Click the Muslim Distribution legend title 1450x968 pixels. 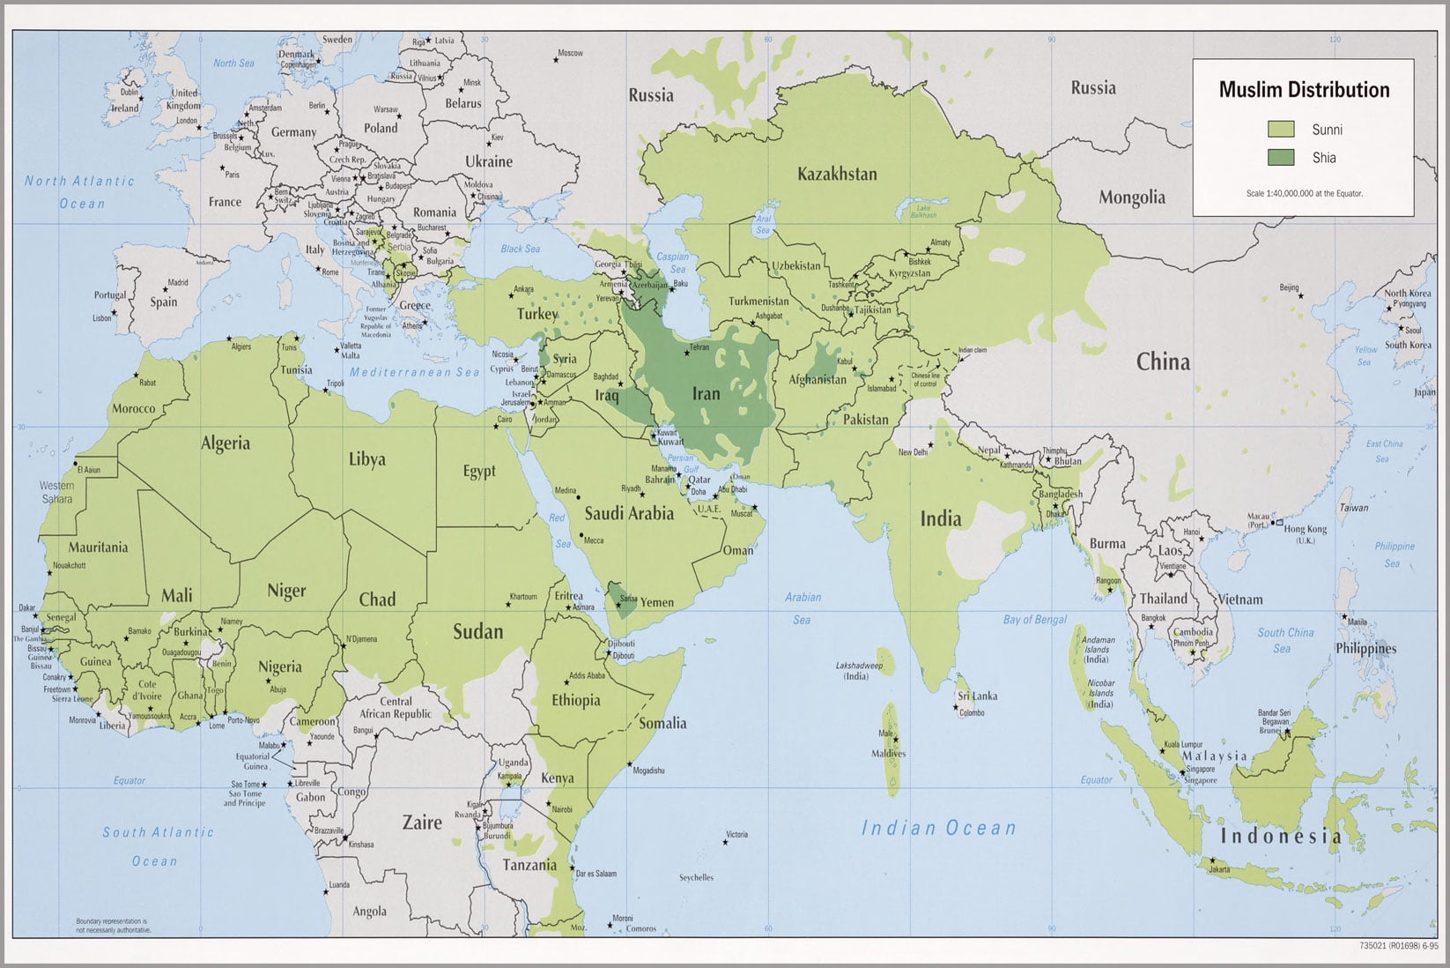pyautogui.click(x=1304, y=90)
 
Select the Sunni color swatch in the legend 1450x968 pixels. pyautogui.click(x=1281, y=130)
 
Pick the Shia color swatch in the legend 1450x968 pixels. pyautogui.click(x=1281, y=158)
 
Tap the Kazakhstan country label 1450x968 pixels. pyautogui.click(x=837, y=174)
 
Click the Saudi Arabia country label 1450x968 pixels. pyautogui.click(x=629, y=513)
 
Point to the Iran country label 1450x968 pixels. pyautogui.click(x=706, y=394)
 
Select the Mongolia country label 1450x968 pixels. pyautogui.click(x=1131, y=197)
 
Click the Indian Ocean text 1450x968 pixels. pyautogui.click(x=938, y=828)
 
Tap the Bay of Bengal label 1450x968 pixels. pyautogui.click(x=1034, y=620)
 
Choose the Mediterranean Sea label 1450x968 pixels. pyautogui.click(x=414, y=373)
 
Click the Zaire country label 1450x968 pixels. pyautogui.click(x=422, y=823)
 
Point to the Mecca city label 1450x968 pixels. pyautogui.click(x=593, y=540)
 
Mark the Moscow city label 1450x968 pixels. pyautogui.click(x=570, y=53)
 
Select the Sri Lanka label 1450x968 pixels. pyautogui.click(x=978, y=696)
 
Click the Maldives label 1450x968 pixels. pyautogui.click(x=888, y=754)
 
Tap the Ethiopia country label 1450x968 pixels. pyautogui.click(x=575, y=701)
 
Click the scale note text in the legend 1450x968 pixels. pyautogui.click(x=1304, y=193)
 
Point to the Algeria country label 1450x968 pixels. pyautogui.click(x=226, y=443)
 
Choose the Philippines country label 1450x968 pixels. pyautogui.click(x=1365, y=649)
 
